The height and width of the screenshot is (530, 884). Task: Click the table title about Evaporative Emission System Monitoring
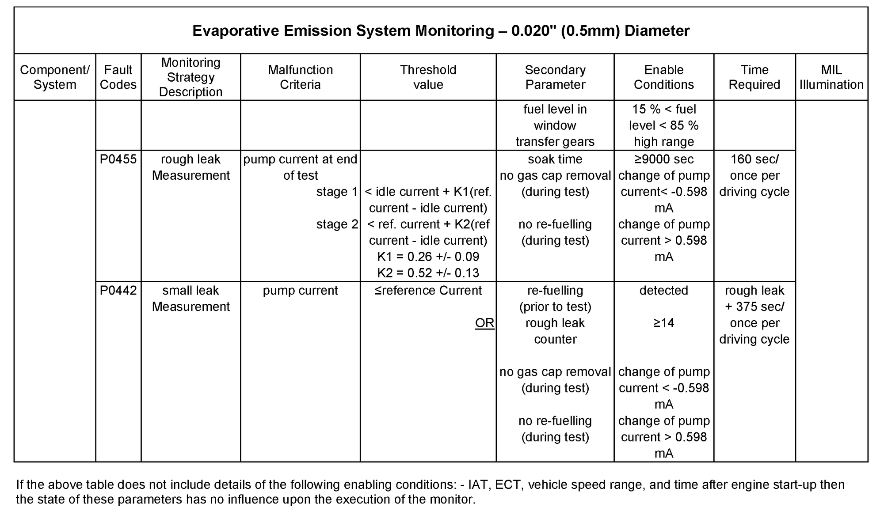pyautogui.click(x=441, y=31)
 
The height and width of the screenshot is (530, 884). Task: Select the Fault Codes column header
pyautogui.click(x=118, y=77)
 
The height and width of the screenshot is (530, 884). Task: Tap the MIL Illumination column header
pyautogui.click(x=831, y=77)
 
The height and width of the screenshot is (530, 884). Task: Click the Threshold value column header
pyautogui.click(x=428, y=77)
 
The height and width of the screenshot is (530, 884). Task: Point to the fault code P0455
pyautogui.click(x=118, y=159)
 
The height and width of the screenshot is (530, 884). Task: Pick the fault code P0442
pyautogui.click(x=118, y=291)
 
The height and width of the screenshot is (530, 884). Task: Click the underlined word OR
pyautogui.click(x=484, y=323)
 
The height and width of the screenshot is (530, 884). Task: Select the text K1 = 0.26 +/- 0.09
pyautogui.click(x=428, y=257)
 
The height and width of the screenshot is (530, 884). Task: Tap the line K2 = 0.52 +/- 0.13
pyautogui.click(x=428, y=273)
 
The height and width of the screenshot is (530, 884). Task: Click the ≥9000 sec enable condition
pyautogui.click(x=663, y=159)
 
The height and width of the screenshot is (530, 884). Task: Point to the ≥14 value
pyautogui.click(x=663, y=323)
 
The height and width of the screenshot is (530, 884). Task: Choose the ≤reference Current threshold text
pyautogui.click(x=428, y=291)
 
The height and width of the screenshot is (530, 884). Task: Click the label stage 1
pyautogui.click(x=337, y=192)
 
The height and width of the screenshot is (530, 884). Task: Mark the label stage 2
pyautogui.click(x=337, y=224)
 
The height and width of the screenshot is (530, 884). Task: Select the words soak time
pyautogui.click(x=555, y=159)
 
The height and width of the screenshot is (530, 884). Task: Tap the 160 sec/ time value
pyautogui.click(x=754, y=159)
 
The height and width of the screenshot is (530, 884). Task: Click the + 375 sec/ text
pyautogui.click(x=754, y=307)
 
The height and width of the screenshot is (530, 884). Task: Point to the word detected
pyautogui.click(x=663, y=291)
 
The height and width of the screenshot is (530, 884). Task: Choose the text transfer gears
pyautogui.click(x=555, y=142)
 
